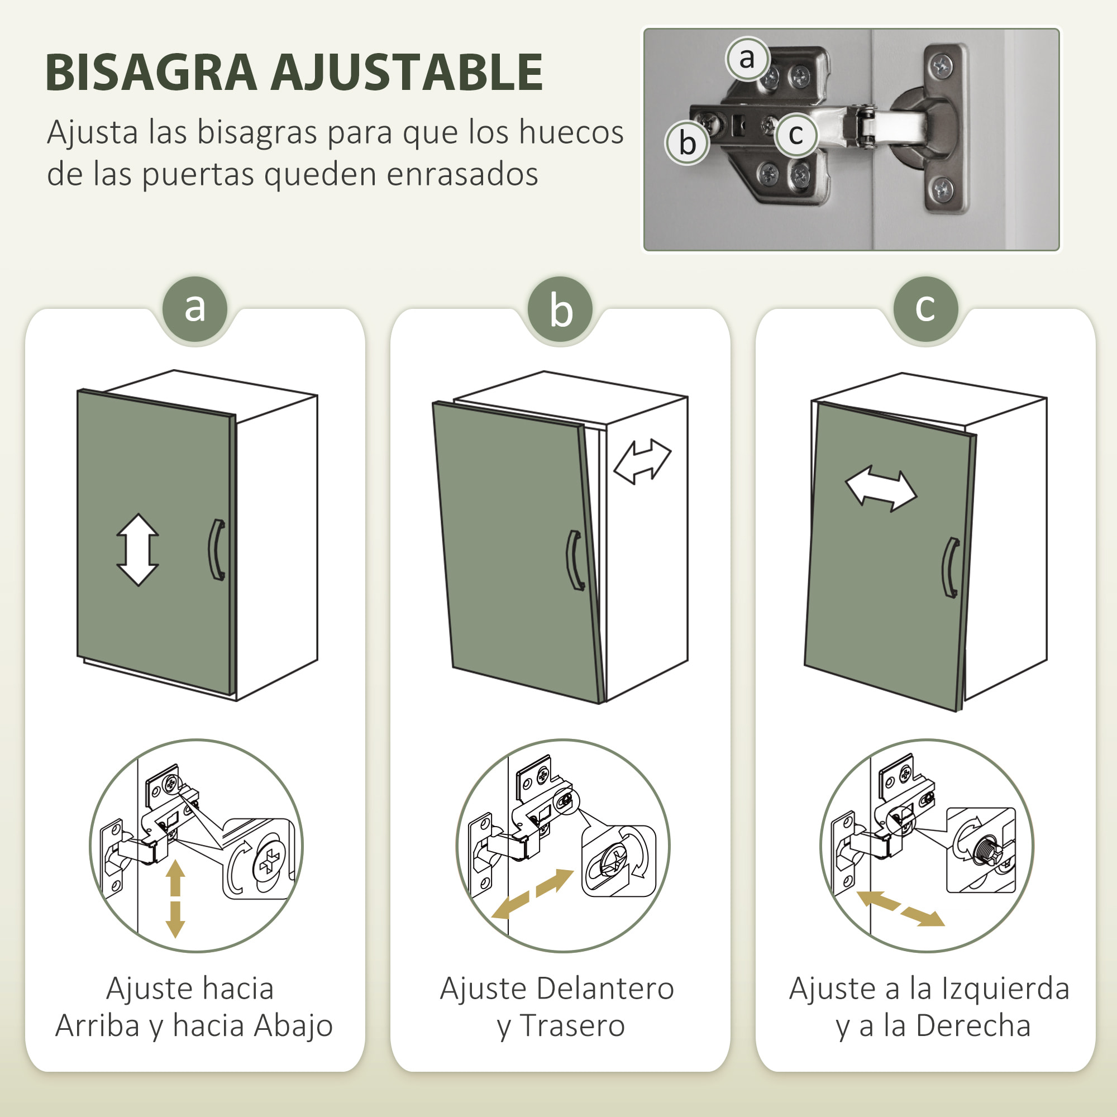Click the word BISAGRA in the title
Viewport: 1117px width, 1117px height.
[x=150, y=73]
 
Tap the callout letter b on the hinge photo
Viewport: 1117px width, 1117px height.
[x=687, y=143]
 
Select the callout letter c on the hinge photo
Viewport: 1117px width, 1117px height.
[x=795, y=135]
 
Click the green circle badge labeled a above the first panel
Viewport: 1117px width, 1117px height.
[x=195, y=309]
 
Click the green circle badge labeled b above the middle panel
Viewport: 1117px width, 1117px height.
[x=560, y=309]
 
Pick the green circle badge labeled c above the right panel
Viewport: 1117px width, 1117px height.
[x=925, y=309]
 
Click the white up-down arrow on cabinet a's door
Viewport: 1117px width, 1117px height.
[x=137, y=550]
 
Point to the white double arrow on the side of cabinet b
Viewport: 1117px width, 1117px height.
[x=642, y=461]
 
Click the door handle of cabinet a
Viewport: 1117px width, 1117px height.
[x=217, y=549]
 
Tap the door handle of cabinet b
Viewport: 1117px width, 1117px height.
[x=575, y=560]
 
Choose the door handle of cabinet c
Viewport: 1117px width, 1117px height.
[x=951, y=568]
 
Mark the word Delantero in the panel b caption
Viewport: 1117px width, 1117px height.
[x=605, y=989]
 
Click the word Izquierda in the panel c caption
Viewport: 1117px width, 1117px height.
[x=1005, y=989]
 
